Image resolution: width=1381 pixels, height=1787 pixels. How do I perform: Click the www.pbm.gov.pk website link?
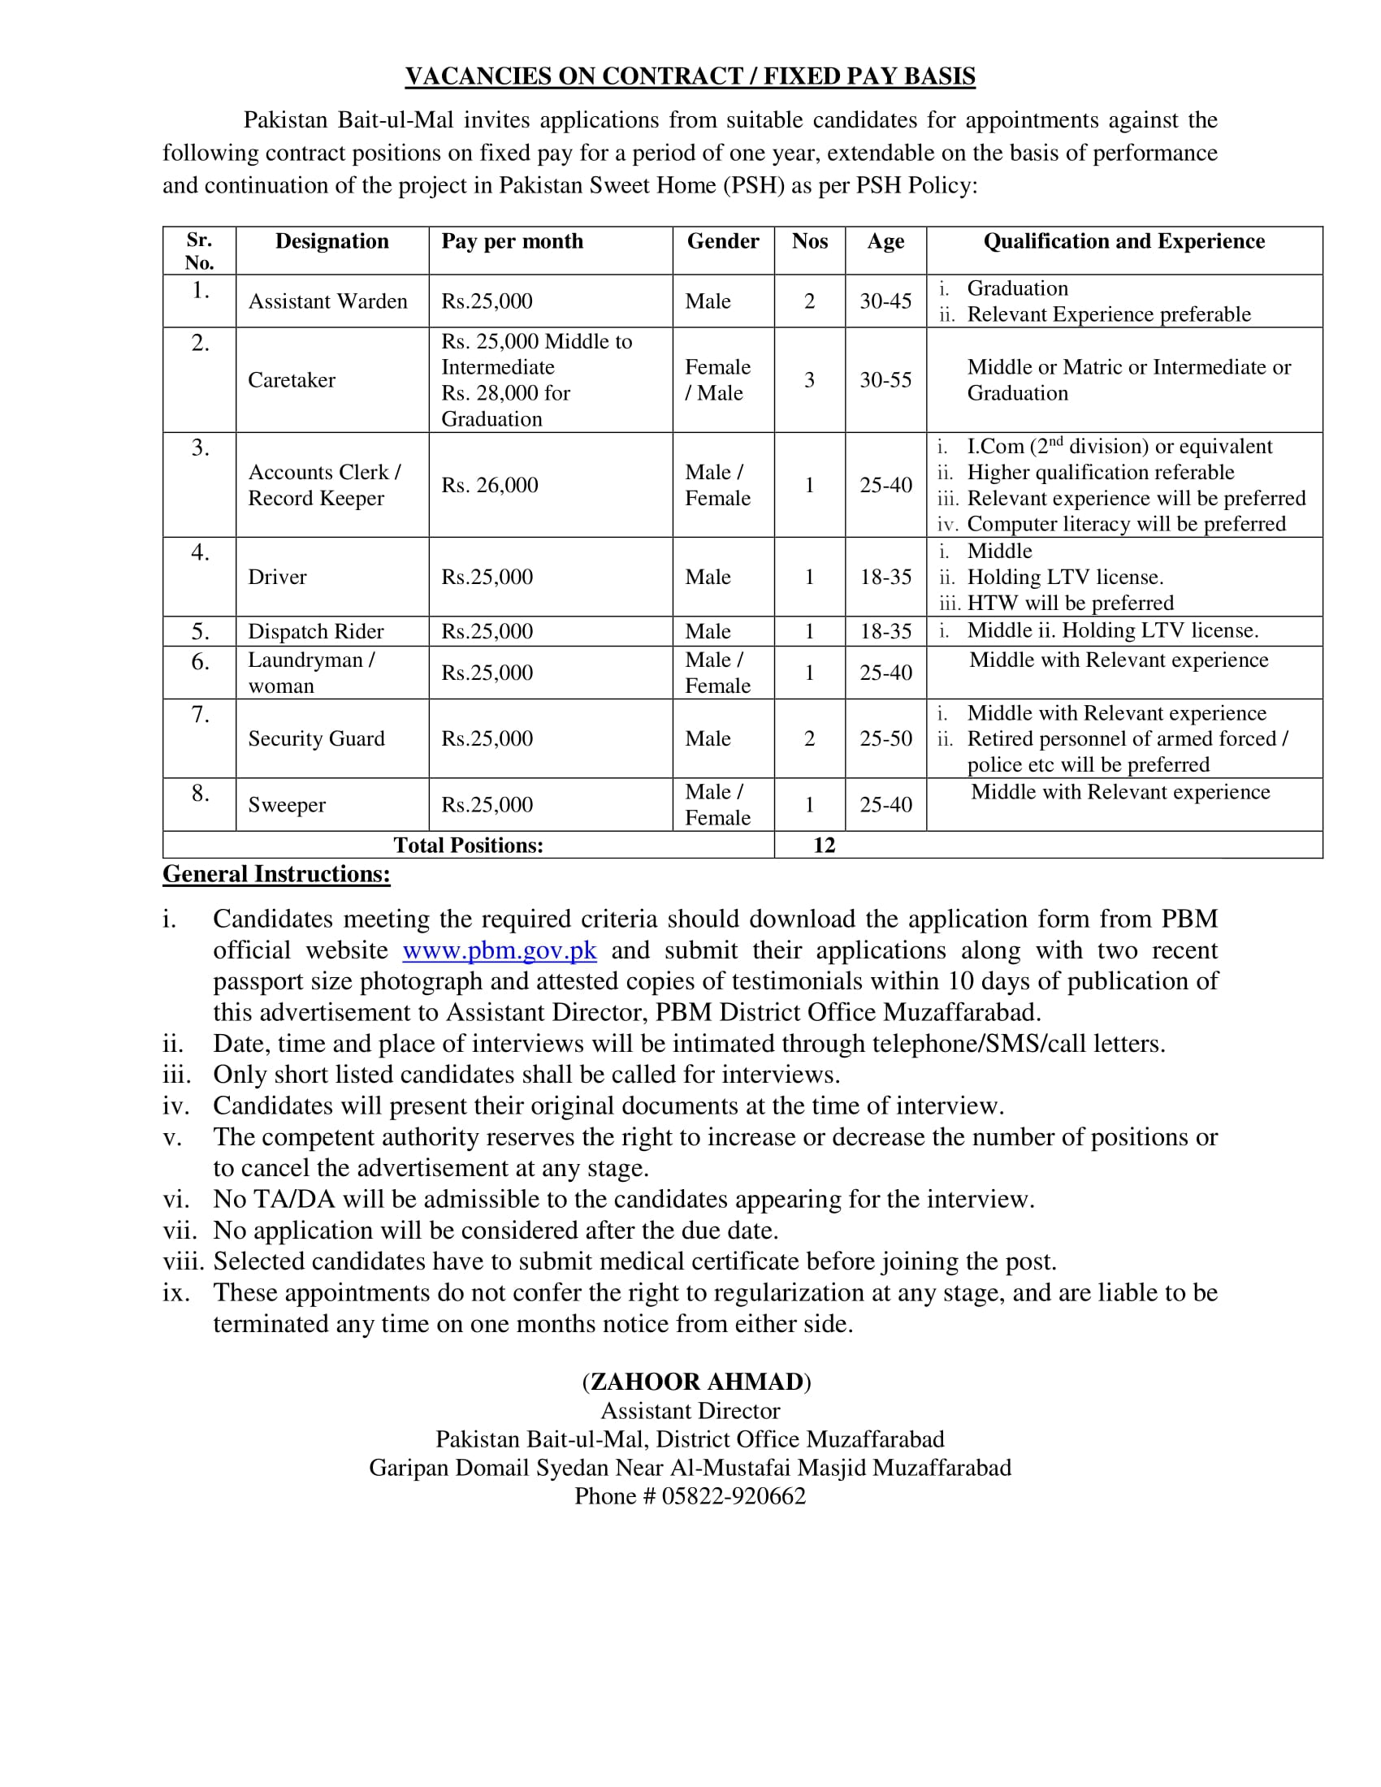pos(499,951)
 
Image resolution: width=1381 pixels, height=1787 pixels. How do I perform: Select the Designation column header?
pos(331,241)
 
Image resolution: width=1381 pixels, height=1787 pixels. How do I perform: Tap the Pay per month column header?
pos(512,241)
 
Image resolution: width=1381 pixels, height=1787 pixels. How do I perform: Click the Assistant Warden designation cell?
pos(327,301)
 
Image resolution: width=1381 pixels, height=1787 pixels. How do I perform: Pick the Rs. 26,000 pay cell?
pos(489,485)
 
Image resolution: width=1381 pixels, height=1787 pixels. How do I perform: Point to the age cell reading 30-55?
pos(885,379)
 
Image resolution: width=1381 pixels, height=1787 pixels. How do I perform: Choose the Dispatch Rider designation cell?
pos(316,632)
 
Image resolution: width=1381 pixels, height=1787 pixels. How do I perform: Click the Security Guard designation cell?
pos(316,739)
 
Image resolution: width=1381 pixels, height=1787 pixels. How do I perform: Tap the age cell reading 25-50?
pos(885,739)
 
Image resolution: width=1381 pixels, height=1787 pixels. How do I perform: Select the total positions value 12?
pos(824,846)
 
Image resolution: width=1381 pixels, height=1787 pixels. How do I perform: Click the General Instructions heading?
pos(276,874)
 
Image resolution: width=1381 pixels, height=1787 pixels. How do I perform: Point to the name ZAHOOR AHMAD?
pos(696,1382)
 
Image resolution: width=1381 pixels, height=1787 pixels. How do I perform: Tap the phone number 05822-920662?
pos(733,1496)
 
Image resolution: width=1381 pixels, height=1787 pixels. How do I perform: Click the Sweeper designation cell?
pos(286,805)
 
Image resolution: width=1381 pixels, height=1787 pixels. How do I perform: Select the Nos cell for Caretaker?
pos(809,379)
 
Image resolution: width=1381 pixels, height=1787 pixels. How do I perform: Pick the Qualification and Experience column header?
pos(1123,241)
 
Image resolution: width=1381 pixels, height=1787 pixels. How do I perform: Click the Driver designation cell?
pos(277,577)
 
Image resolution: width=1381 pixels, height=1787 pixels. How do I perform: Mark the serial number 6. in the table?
pos(200,661)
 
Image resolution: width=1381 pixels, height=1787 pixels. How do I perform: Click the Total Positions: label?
pos(468,846)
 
